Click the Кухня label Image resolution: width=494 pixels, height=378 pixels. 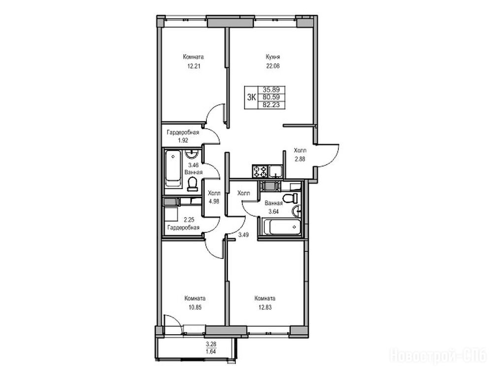click(x=272, y=57)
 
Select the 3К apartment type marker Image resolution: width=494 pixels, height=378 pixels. click(x=251, y=97)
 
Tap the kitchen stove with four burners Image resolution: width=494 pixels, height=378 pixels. click(x=260, y=172)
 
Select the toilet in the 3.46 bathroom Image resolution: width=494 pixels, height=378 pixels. click(x=192, y=185)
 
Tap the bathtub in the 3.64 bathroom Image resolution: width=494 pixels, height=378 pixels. click(x=281, y=226)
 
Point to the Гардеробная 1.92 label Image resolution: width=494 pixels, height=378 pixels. click(x=183, y=136)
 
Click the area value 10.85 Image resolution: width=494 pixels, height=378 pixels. click(x=195, y=307)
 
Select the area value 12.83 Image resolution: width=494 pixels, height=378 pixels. click(x=264, y=307)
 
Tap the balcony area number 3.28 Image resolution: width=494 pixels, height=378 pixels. click(x=211, y=344)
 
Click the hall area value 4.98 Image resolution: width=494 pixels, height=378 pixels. click(x=214, y=201)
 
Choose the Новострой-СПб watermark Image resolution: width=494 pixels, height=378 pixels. click(x=439, y=356)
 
